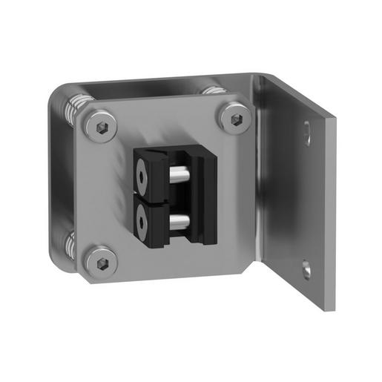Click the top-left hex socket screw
[102, 125]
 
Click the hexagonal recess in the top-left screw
[102, 125]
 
